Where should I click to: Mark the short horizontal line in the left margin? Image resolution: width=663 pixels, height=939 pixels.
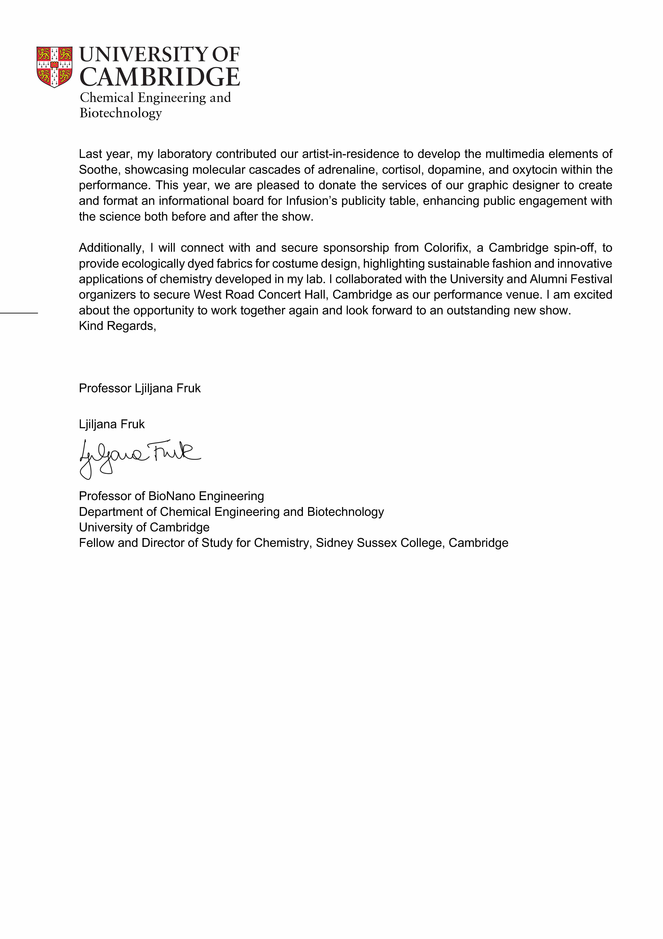19,313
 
